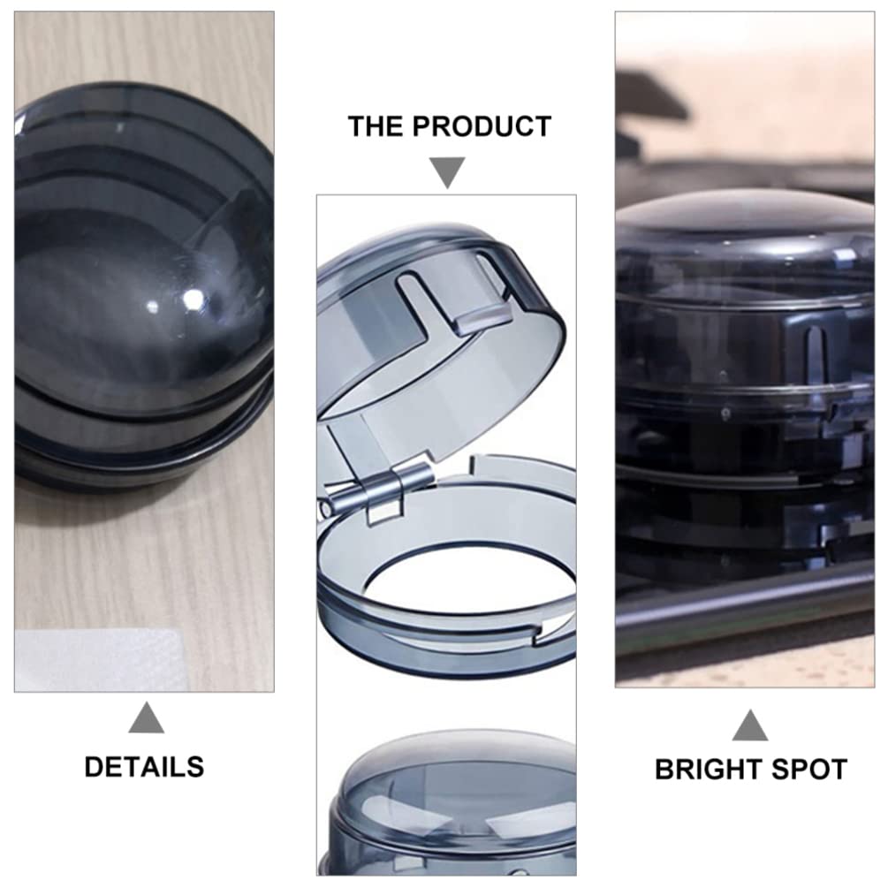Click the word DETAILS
[144, 766]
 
